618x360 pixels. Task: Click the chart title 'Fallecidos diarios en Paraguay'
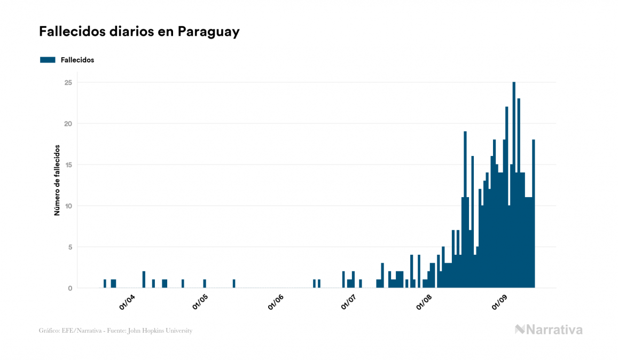[x=139, y=32]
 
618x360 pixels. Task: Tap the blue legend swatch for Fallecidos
[x=48, y=60]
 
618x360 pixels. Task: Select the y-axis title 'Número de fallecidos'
[x=57, y=180]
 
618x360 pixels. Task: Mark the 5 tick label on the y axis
[x=69, y=247]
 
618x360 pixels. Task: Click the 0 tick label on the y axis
[x=69, y=288]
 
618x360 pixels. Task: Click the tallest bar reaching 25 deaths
[x=514, y=187]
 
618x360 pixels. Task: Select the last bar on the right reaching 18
[x=533, y=214]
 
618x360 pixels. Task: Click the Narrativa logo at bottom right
[x=549, y=330]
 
